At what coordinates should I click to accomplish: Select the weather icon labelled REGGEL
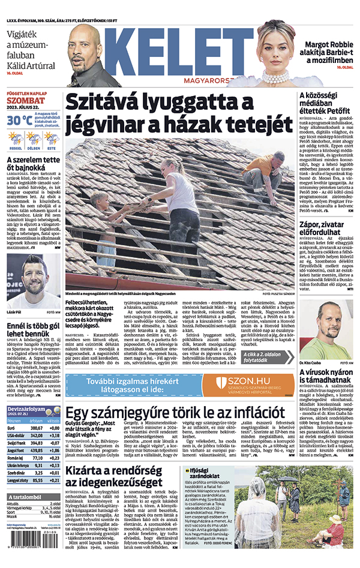coord(16,140)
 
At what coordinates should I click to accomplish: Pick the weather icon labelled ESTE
coord(51,140)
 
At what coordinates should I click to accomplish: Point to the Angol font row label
coord(16,449)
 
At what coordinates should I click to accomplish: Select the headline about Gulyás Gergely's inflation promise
coord(175,413)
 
